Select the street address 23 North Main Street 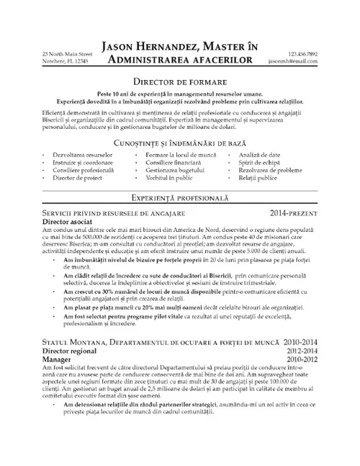point(67,54)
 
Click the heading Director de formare point(180,82)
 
